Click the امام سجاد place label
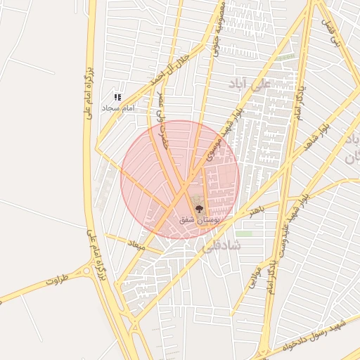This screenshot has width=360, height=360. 117,108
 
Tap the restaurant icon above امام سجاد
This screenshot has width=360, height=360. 117,97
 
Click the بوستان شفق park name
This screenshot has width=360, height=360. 200,220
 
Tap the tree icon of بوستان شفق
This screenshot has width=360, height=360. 199,208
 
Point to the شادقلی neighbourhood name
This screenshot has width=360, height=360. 221,246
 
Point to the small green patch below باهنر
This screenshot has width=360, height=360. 243,233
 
